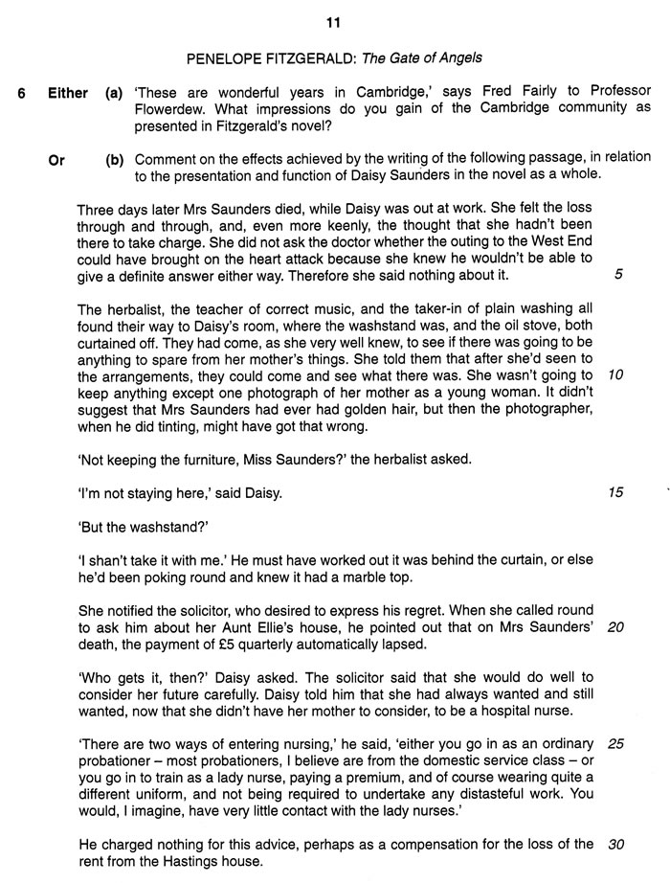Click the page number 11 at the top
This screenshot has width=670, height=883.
[x=335, y=22]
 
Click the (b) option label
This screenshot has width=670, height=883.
[x=115, y=159]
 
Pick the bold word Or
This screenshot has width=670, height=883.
[x=56, y=159]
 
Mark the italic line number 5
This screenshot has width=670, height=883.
[x=618, y=275]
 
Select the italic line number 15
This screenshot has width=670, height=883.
[x=616, y=492]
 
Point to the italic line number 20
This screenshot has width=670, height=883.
[x=617, y=628]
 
